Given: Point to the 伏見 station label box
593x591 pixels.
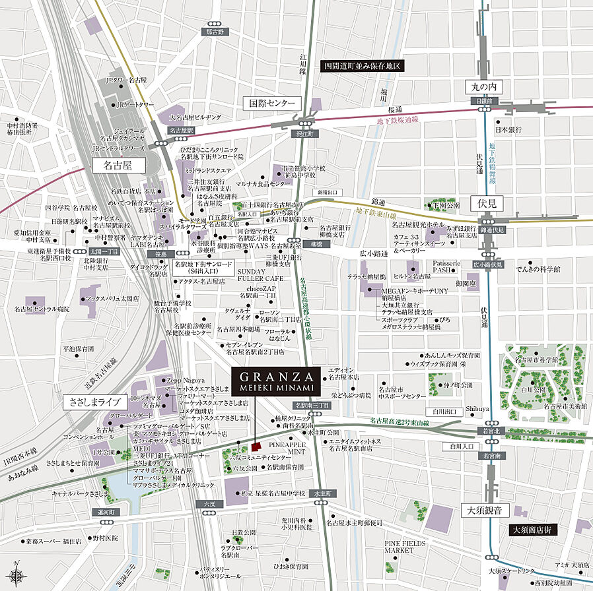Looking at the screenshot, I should pos(483,202).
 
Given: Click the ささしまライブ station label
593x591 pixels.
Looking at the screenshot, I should pos(92,401).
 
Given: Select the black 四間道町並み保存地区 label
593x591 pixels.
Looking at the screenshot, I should pos(361,66).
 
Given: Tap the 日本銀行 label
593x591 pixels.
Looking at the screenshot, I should pos(517,130).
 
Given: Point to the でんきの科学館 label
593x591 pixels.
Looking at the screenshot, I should pos(539,269).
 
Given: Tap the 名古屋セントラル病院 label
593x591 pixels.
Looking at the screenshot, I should pos(42,309).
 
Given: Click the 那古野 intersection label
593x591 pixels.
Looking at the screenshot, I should pos(214,32).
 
